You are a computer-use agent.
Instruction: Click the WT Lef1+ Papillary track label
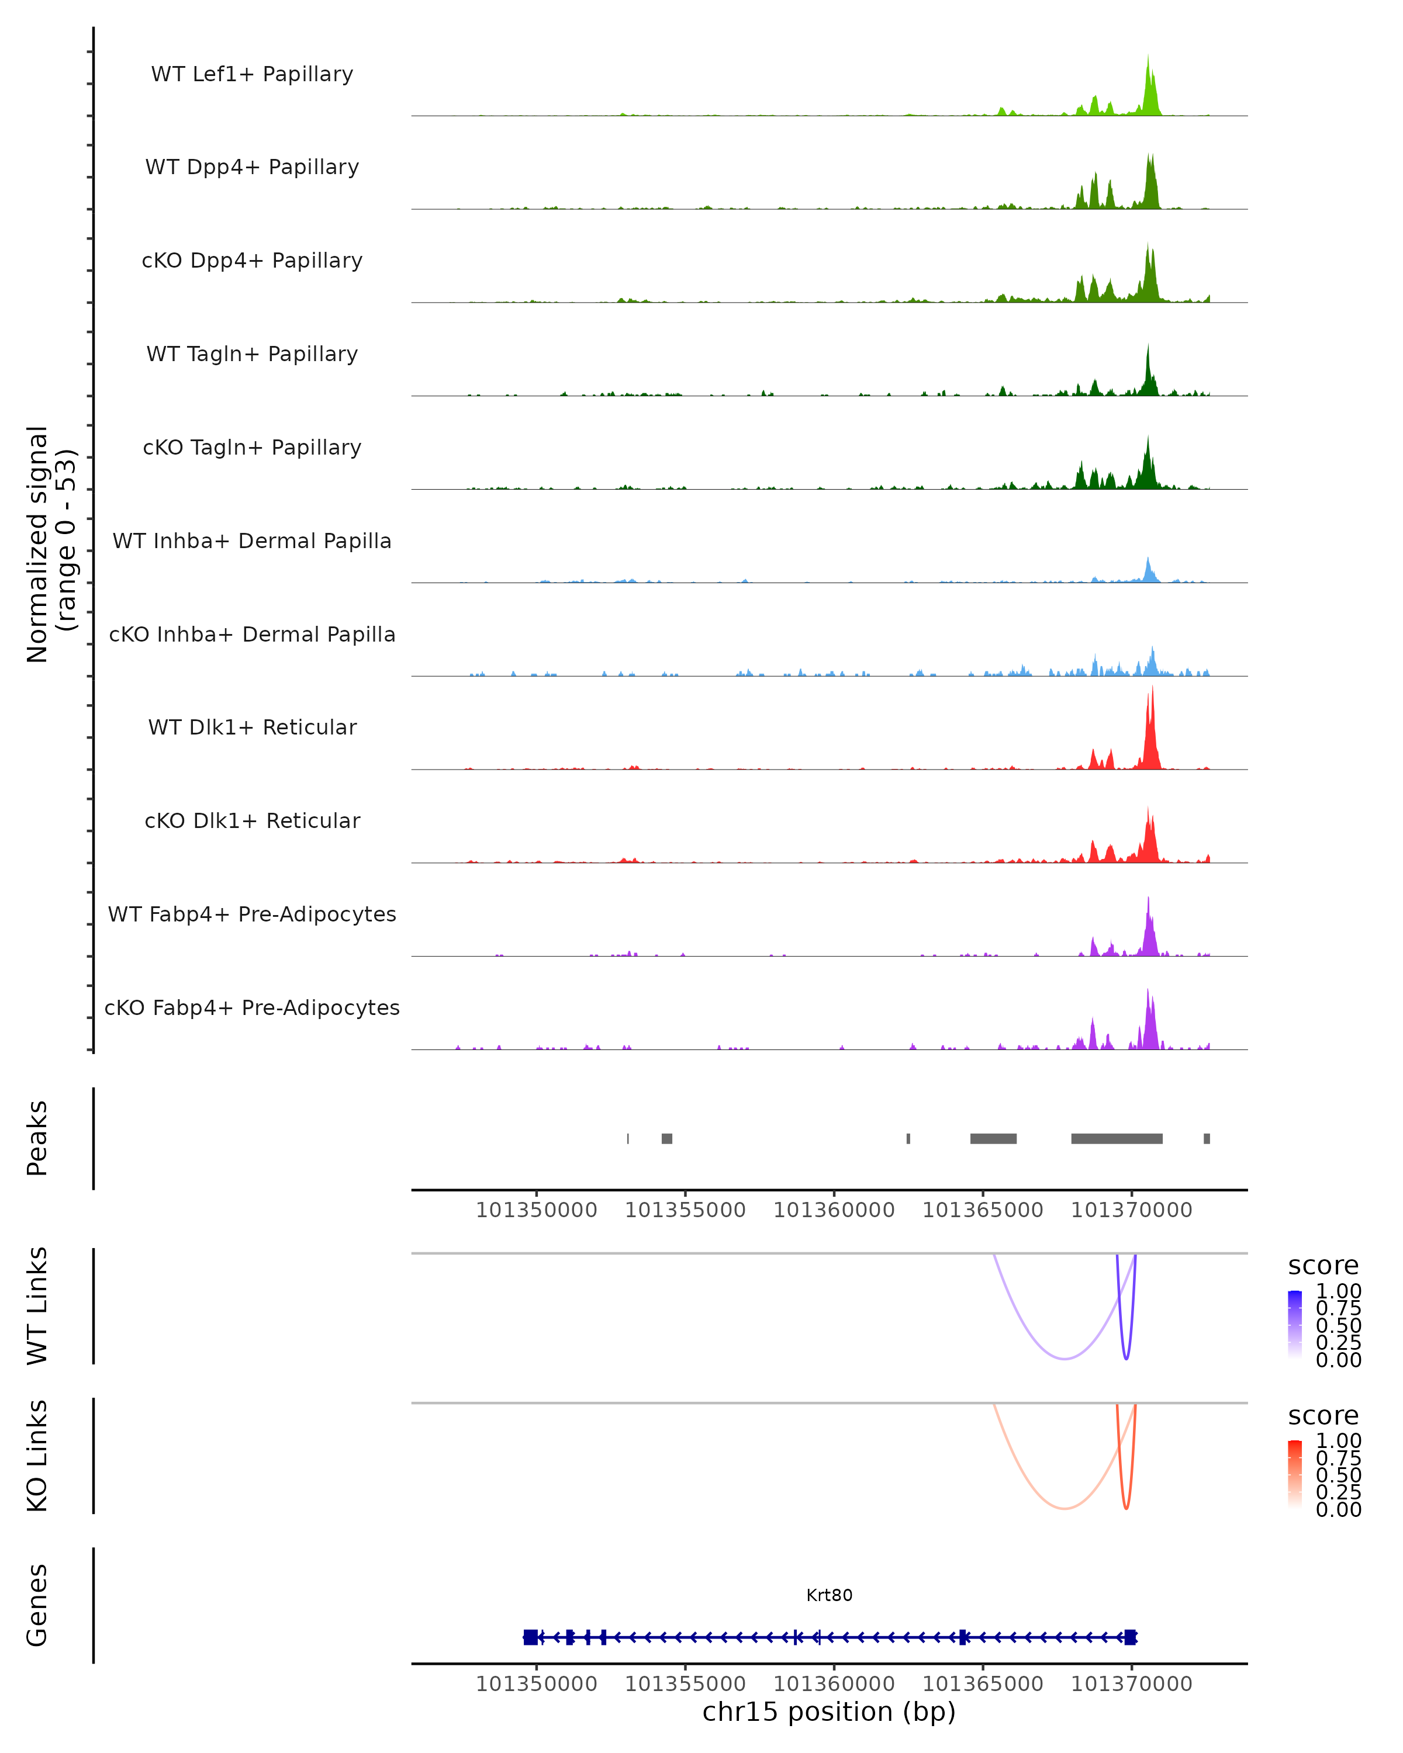[x=252, y=74]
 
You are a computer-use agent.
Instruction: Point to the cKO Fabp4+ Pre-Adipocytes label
[x=252, y=1007]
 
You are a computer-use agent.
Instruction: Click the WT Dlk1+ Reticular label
[x=252, y=727]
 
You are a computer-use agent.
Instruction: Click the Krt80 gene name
[x=829, y=1595]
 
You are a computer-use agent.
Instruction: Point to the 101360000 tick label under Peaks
[x=834, y=1210]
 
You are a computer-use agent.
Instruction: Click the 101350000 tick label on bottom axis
[x=536, y=1684]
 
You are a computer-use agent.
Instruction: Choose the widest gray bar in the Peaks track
[x=1116, y=1138]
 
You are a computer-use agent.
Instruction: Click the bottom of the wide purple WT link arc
[x=1064, y=1359]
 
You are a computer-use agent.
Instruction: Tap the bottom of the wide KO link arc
[x=1064, y=1508]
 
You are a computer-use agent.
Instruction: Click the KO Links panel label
[x=37, y=1456]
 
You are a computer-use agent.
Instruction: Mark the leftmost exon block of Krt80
[x=530, y=1637]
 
